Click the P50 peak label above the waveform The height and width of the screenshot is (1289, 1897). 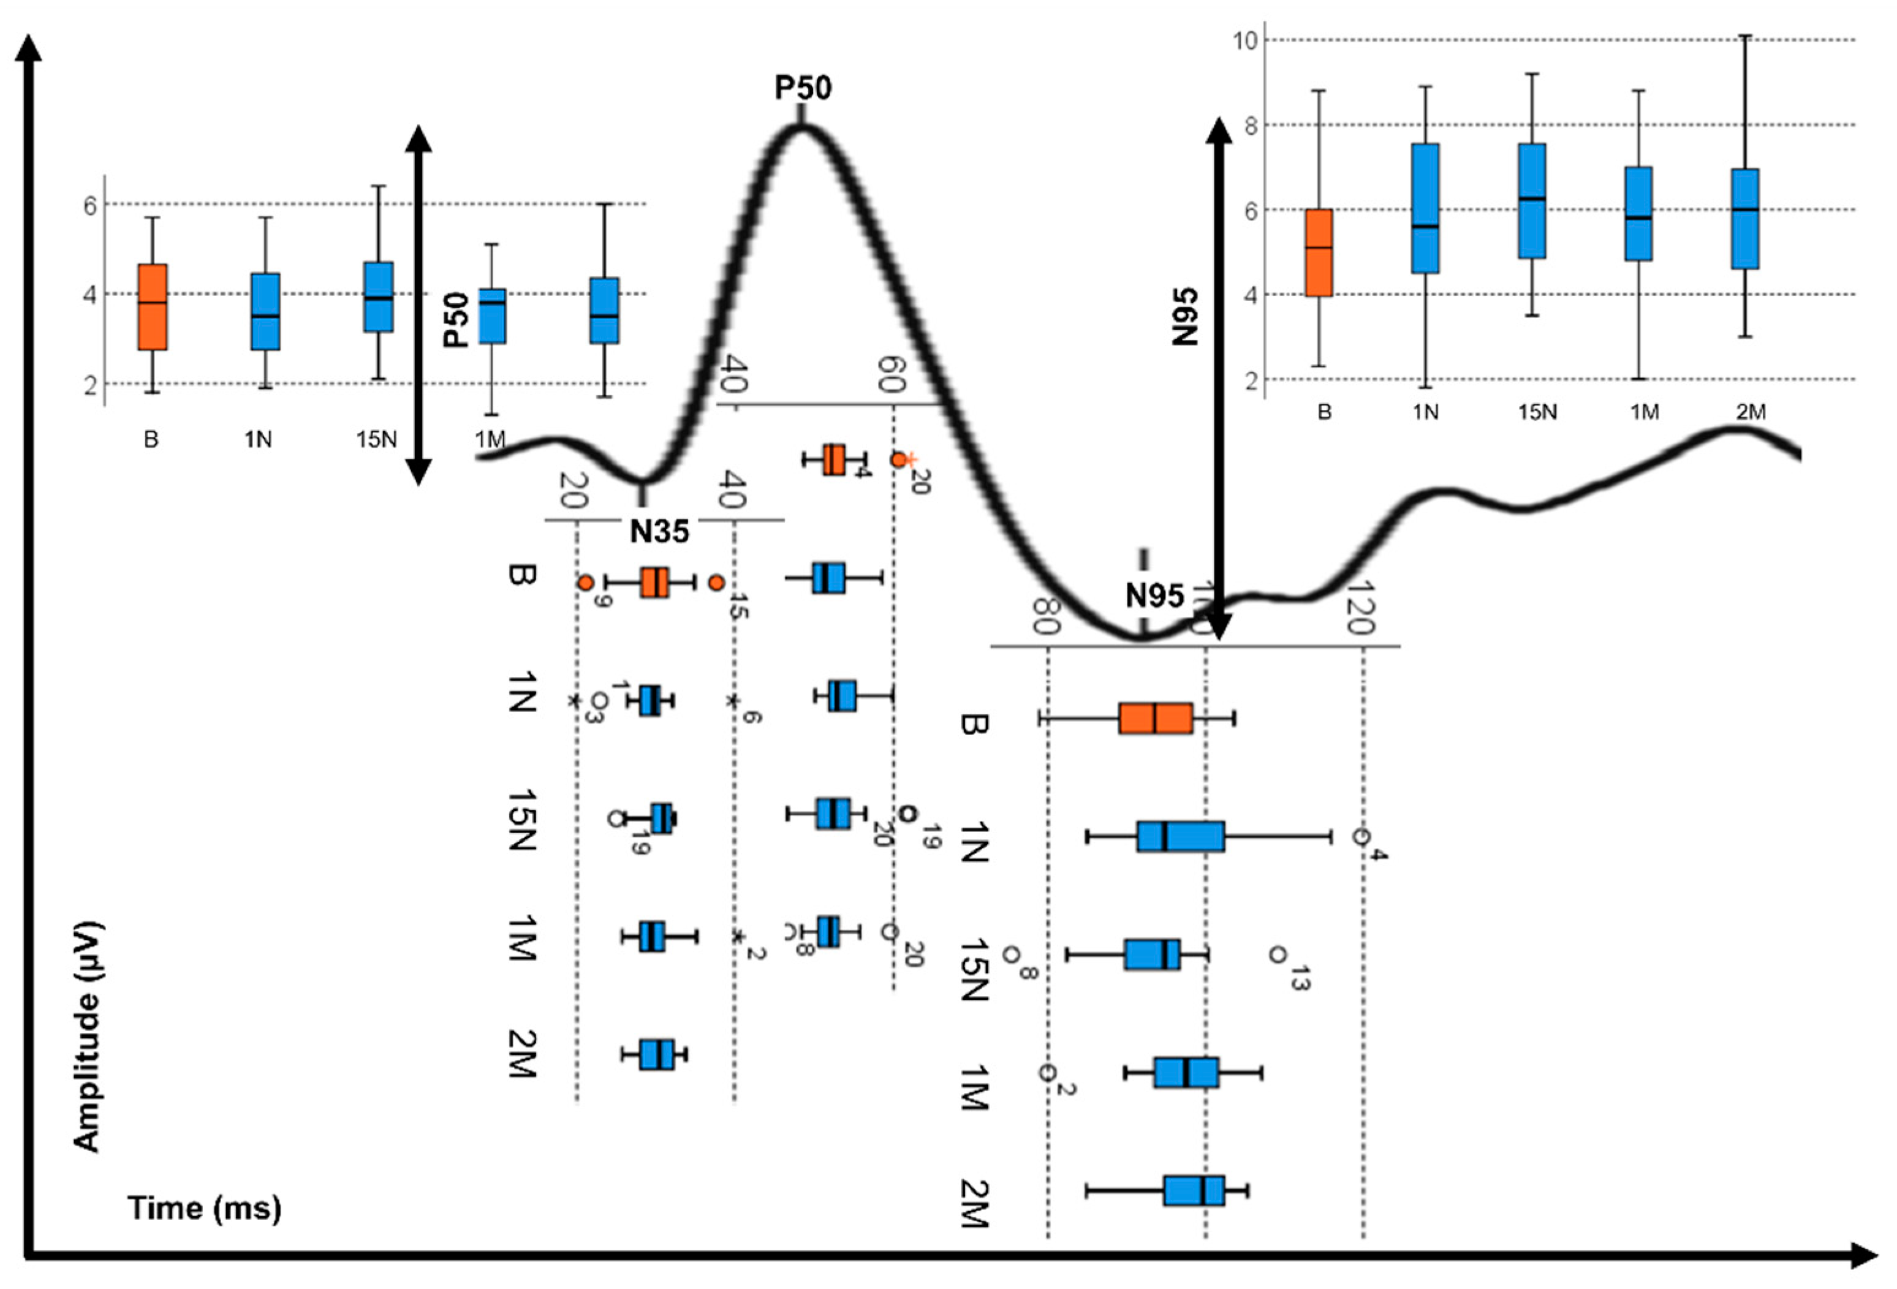click(x=803, y=88)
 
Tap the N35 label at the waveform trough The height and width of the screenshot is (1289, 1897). click(x=659, y=531)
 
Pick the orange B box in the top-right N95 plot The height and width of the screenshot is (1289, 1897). click(x=1318, y=252)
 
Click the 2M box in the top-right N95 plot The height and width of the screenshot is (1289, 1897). click(x=1745, y=218)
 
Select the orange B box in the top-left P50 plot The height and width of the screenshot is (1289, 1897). click(x=153, y=306)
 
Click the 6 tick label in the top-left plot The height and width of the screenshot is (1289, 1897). click(x=90, y=204)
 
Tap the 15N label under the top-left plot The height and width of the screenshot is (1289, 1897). click(x=376, y=439)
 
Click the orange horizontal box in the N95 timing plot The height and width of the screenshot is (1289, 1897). click(x=1155, y=719)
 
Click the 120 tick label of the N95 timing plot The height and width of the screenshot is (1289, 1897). click(x=1357, y=608)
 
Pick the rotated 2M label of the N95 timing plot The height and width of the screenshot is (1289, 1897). click(x=974, y=1203)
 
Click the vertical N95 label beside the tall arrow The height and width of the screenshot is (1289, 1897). click(x=1184, y=316)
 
